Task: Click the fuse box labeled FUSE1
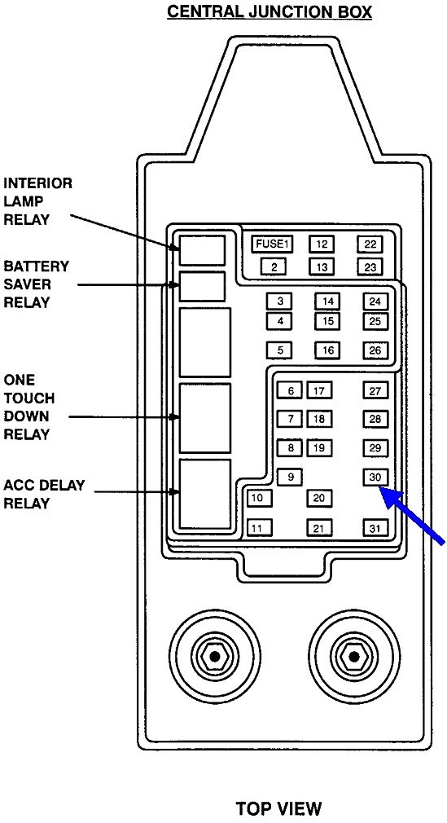click(x=272, y=244)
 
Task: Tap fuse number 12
click(x=322, y=244)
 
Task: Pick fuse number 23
click(x=370, y=267)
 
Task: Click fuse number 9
click(x=291, y=477)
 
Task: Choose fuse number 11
click(x=259, y=528)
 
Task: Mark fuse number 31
click(x=375, y=528)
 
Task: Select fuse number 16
click(x=327, y=350)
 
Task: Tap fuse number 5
click(x=279, y=350)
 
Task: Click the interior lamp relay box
click(x=202, y=249)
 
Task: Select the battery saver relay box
click(x=202, y=287)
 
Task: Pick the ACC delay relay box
click(x=205, y=494)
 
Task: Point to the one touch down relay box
click(x=205, y=417)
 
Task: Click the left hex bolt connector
click(x=213, y=656)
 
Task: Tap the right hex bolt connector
click(x=352, y=656)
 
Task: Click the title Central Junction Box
click(x=270, y=13)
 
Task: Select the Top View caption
click(x=278, y=808)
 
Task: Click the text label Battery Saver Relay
click(x=37, y=284)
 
